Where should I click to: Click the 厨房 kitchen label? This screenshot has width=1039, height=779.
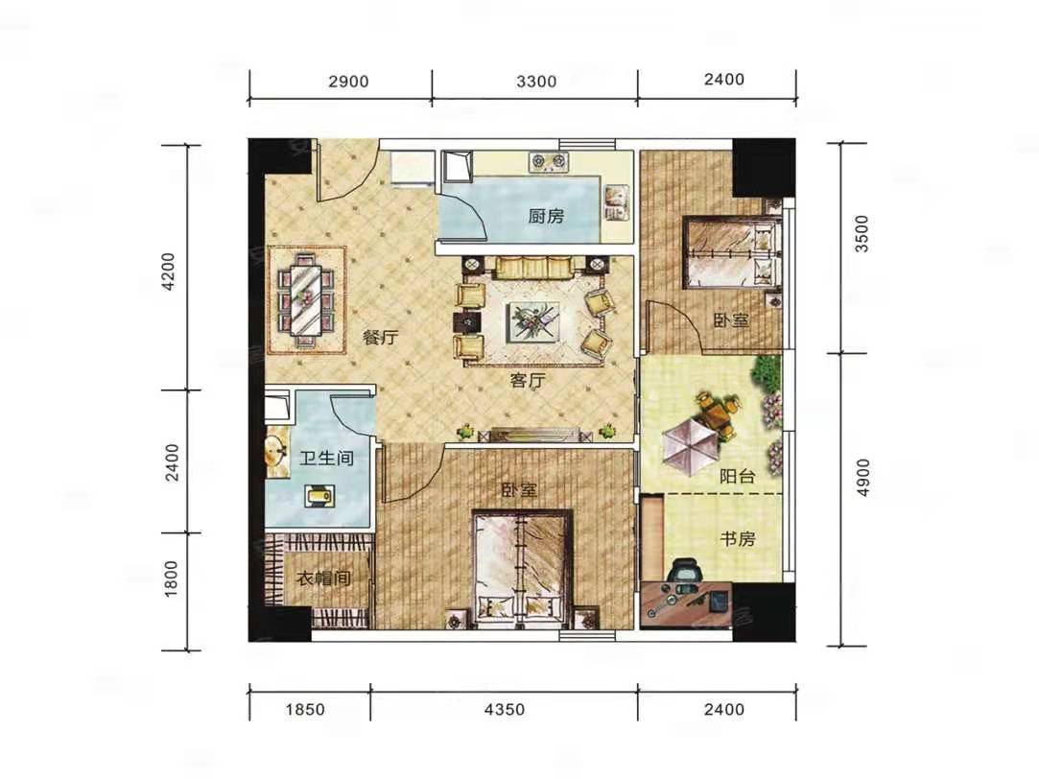[x=546, y=216]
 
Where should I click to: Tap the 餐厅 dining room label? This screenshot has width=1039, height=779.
[x=380, y=337]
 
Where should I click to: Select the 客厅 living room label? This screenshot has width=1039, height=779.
[x=528, y=380]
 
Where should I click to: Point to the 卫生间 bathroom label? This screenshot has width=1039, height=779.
[x=326, y=458]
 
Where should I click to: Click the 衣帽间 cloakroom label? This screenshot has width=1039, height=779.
[x=323, y=578]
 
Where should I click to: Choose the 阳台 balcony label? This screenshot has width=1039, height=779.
[x=738, y=476]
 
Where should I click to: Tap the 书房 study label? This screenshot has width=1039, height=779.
[x=738, y=538]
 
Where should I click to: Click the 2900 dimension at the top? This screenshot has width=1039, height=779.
[x=348, y=82]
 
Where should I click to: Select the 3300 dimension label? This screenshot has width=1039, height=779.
[x=536, y=82]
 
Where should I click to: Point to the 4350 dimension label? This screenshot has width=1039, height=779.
[x=505, y=710]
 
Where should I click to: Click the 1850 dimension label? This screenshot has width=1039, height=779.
[x=305, y=710]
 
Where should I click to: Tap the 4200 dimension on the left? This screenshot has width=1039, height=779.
[x=171, y=271]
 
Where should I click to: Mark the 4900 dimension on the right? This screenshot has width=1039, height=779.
[x=862, y=478]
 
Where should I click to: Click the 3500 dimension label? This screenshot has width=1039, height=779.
[x=862, y=234]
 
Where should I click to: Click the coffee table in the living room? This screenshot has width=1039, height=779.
[x=532, y=322]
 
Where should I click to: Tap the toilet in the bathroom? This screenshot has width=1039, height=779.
[x=319, y=495]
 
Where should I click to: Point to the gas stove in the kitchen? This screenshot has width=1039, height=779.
[x=549, y=161]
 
